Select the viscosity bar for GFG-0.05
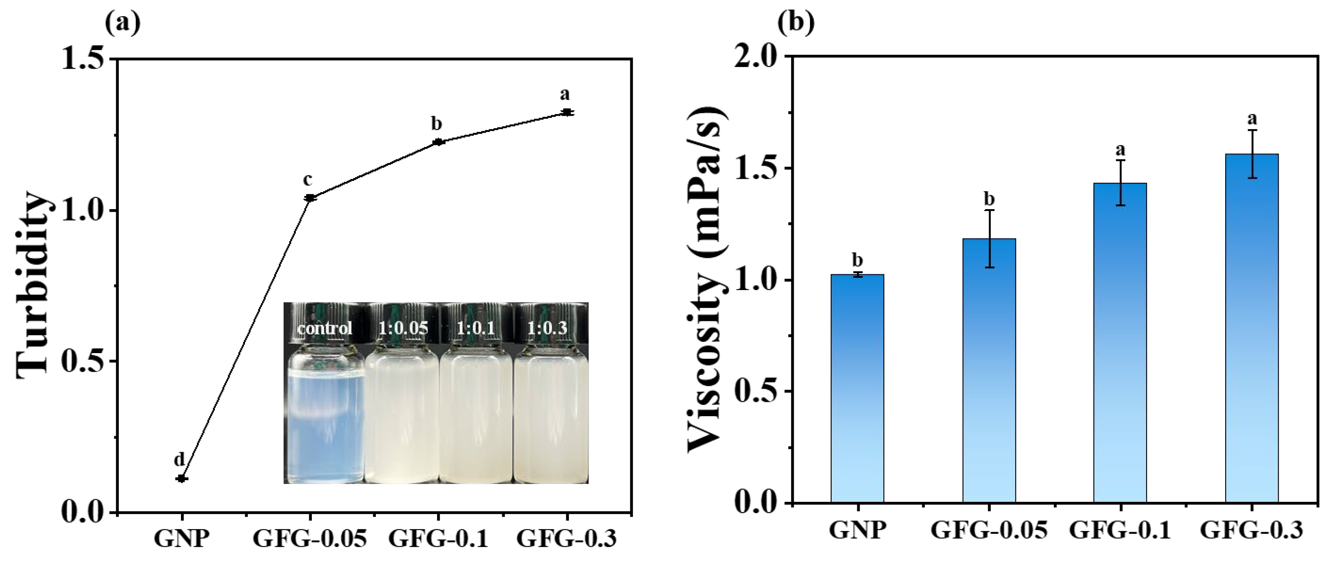pos(989,370)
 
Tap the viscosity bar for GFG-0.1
pos(1120,342)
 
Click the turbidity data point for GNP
pos(181,478)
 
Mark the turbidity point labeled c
pos(310,198)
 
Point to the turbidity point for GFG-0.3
pos(567,112)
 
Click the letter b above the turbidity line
pos(437,124)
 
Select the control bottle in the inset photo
pos(325,414)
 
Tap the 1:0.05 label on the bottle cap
pos(403,328)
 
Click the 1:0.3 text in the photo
pos(547,328)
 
